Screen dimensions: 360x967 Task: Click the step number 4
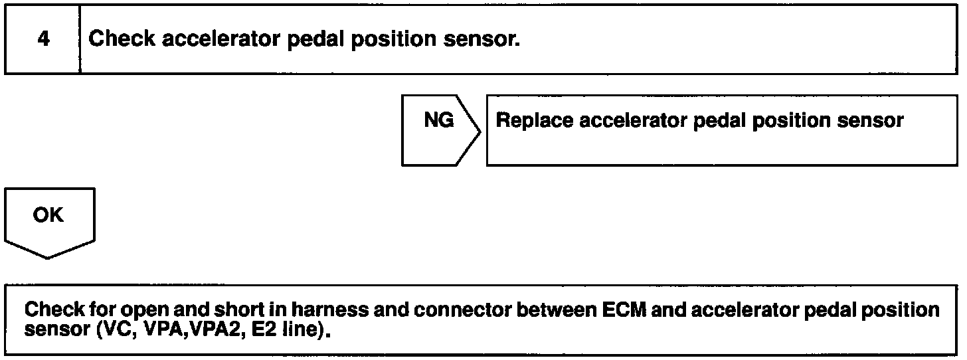tap(43, 39)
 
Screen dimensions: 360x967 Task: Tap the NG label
tap(439, 121)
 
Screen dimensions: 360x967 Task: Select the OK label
tap(48, 216)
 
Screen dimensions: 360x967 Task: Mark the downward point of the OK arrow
tap(48, 258)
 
